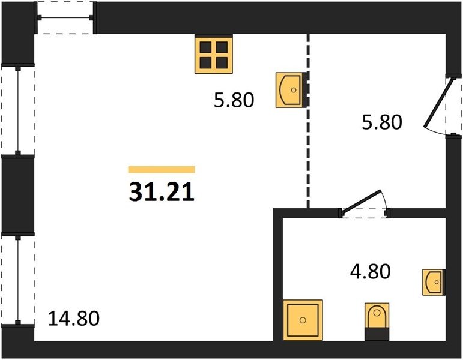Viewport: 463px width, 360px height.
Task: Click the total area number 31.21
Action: point(162,192)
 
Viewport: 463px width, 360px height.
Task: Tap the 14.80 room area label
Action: point(74,319)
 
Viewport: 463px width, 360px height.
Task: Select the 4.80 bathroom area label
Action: point(371,271)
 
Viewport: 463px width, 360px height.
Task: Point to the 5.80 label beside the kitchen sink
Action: point(234,100)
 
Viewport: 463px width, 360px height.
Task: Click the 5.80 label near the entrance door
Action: point(382,122)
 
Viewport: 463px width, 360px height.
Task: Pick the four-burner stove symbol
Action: point(214,54)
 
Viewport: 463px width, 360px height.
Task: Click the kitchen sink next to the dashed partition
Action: point(291,90)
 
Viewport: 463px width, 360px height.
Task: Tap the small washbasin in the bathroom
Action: point(434,282)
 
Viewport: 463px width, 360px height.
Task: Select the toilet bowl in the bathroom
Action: point(377,315)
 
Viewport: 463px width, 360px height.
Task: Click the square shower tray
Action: point(303,320)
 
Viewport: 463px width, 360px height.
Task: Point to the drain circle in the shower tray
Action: point(303,320)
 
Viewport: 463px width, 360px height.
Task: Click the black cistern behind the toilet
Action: point(377,334)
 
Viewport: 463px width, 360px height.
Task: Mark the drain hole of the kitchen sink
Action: point(294,90)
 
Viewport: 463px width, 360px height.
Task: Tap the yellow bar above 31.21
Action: point(162,169)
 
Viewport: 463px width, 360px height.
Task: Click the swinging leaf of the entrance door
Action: point(438,103)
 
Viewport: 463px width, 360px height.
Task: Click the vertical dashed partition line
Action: point(308,121)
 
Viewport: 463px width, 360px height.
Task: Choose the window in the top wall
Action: point(65,18)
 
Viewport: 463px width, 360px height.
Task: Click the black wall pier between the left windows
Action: point(18,194)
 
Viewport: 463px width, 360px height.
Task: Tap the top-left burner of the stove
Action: point(206,47)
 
